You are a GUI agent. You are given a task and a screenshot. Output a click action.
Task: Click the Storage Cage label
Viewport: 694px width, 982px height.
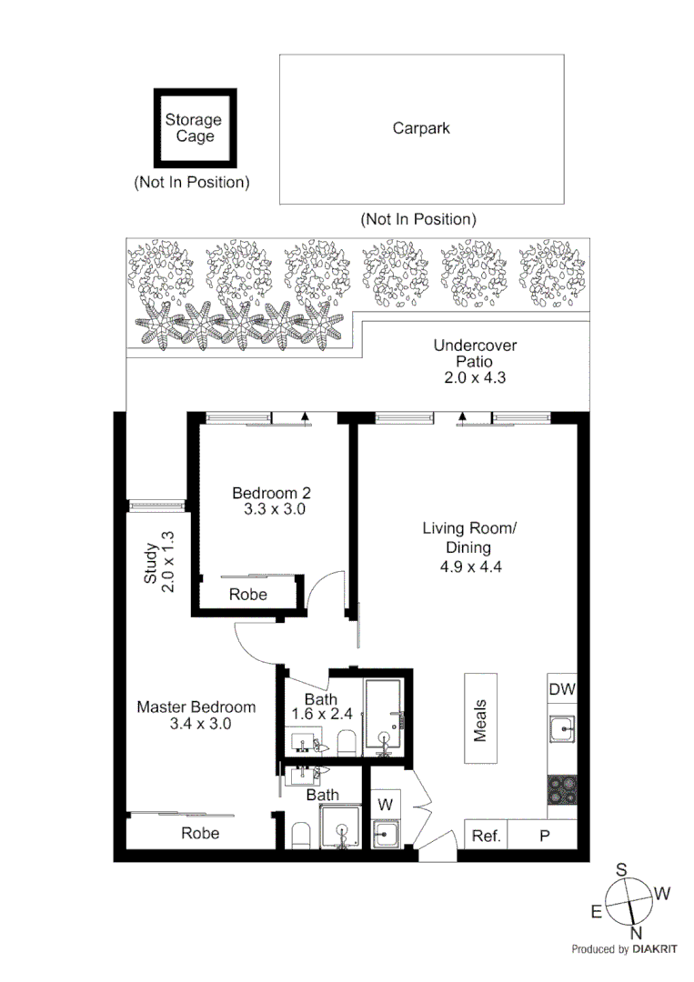(194, 128)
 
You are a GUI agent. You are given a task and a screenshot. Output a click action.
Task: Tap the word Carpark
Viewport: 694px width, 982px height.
(421, 128)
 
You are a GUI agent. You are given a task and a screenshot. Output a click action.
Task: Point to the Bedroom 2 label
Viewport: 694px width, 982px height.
(271, 493)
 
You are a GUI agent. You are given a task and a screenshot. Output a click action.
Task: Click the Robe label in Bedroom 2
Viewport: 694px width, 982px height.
(248, 595)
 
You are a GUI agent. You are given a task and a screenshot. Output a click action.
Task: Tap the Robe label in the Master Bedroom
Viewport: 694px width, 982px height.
(200, 833)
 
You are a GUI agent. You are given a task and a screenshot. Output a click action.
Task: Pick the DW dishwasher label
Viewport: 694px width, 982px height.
(561, 690)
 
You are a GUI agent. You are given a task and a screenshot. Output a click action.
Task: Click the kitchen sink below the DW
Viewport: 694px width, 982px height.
(562, 728)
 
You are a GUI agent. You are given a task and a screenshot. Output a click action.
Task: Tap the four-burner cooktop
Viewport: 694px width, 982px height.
(562, 788)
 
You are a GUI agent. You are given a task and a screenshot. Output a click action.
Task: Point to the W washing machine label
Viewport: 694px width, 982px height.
(385, 804)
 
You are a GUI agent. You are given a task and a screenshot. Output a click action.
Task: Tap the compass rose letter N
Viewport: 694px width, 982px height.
(637, 933)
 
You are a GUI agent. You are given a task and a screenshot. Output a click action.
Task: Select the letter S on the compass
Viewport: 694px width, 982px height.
(622, 869)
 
